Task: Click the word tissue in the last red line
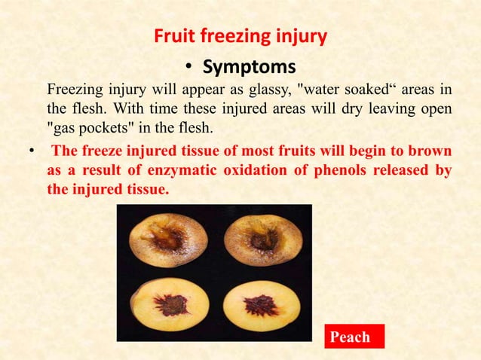click(x=145, y=190)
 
